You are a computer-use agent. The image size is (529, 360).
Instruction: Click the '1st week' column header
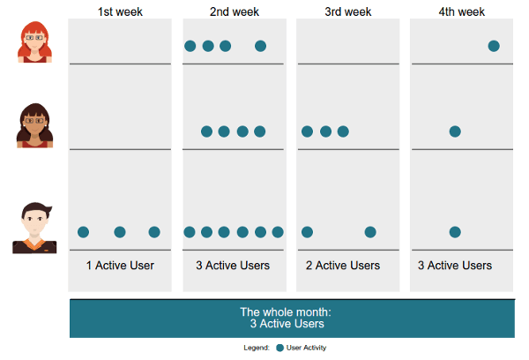click(x=120, y=11)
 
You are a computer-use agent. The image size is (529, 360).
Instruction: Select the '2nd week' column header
click(x=234, y=11)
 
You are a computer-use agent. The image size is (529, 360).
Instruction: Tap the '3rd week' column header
click(x=347, y=11)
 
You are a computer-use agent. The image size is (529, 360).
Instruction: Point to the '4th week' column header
click(x=462, y=11)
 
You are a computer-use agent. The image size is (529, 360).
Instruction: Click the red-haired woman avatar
click(x=33, y=42)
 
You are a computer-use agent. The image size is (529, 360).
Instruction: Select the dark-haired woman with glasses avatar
click(x=34, y=125)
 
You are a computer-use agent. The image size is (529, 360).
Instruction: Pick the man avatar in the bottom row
click(x=33, y=229)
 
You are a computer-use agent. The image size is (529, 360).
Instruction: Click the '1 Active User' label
click(x=120, y=266)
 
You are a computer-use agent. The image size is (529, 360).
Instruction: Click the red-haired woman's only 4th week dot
click(x=494, y=46)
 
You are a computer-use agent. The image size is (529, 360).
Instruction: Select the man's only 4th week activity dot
click(x=455, y=232)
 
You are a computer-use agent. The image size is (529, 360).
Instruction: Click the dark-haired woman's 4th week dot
click(x=455, y=131)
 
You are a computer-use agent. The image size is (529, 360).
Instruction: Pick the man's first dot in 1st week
click(x=84, y=232)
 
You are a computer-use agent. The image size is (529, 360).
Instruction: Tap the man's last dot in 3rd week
click(x=370, y=232)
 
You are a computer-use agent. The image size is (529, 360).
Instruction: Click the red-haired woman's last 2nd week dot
click(x=260, y=46)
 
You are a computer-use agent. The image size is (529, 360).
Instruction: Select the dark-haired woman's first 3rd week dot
click(x=307, y=131)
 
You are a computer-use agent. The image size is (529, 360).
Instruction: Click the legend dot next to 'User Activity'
click(x=279, y=348)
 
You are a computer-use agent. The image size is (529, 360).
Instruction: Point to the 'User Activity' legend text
click(x=307, y=348)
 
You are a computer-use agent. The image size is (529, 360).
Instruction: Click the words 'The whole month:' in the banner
click(x=290, y=311)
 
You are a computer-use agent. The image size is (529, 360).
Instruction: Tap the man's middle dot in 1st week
click(x=120, y=232)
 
